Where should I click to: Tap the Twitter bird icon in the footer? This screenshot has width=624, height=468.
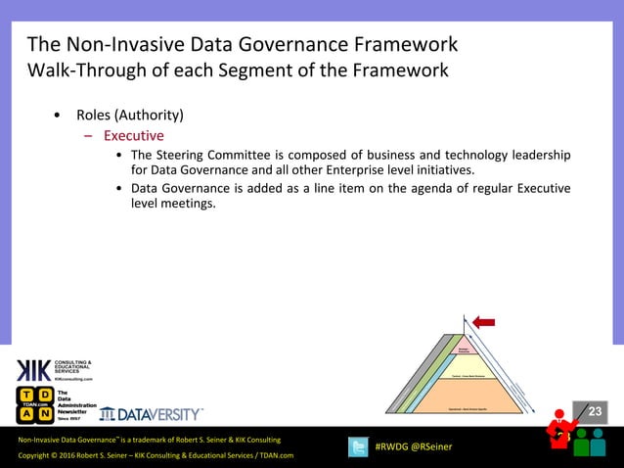(359, 447)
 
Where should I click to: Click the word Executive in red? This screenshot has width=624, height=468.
(134, 136)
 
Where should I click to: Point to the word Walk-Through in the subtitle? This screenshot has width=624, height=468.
(85, 70)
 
